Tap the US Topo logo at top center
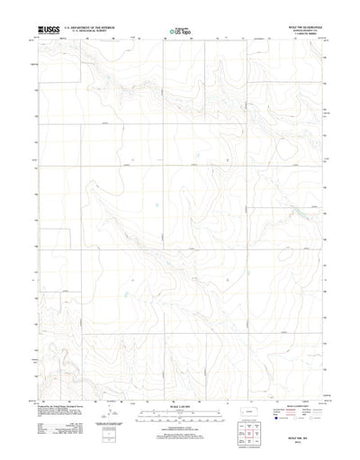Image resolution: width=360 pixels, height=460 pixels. coord(179,32)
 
